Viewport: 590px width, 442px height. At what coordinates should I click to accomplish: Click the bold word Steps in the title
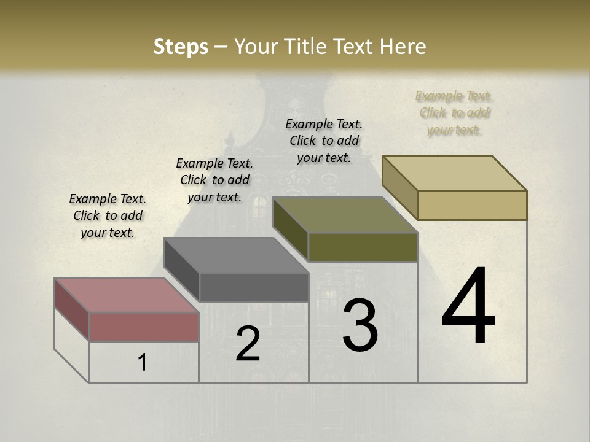tap(181, 47)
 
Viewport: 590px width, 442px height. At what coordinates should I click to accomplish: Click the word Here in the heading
tap(403, 47)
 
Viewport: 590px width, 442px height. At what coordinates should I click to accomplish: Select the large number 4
tap(468, 306)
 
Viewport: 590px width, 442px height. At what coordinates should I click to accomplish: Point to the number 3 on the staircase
tap(360, 325)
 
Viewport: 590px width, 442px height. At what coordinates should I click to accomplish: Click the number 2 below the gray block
tap(248, 344)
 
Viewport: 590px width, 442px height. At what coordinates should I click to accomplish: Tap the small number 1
tap(143, 362)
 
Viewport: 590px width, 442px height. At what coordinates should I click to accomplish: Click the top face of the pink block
tap(126, 295)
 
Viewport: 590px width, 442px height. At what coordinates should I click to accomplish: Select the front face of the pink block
tap(144, 327)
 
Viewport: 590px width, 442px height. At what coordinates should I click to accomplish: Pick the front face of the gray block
tap(254, 287)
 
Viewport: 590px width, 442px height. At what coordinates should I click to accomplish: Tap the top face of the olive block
tap(345, 215)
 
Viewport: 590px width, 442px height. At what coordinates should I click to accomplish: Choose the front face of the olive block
tap(363, 247)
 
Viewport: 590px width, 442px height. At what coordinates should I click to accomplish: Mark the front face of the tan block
tap(472, 205)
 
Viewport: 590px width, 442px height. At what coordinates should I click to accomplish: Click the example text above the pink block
tap(108, 215)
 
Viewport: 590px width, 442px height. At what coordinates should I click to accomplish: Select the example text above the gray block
tap(214, 180)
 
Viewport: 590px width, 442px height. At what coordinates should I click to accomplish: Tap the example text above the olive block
tap(324, 141)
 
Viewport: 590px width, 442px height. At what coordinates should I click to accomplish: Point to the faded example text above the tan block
tap(454, 113)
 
